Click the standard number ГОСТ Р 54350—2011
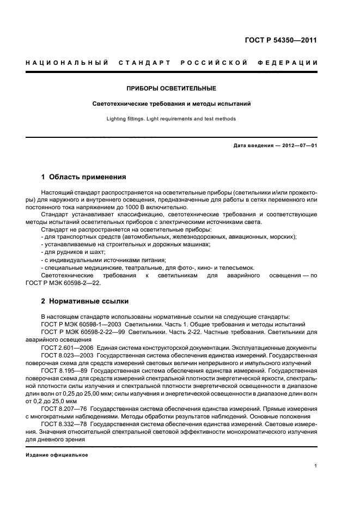coord(280,40)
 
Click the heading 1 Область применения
coord(84,177)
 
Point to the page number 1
coord(315,466)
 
